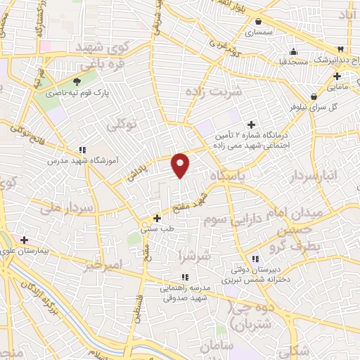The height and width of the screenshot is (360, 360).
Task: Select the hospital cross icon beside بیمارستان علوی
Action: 25,240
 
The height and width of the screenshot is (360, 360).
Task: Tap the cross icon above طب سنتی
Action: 157,218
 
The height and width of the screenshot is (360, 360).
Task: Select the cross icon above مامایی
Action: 337,76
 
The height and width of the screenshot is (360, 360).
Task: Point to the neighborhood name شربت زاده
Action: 213,91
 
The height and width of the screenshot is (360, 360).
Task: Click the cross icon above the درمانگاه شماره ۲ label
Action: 251,124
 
